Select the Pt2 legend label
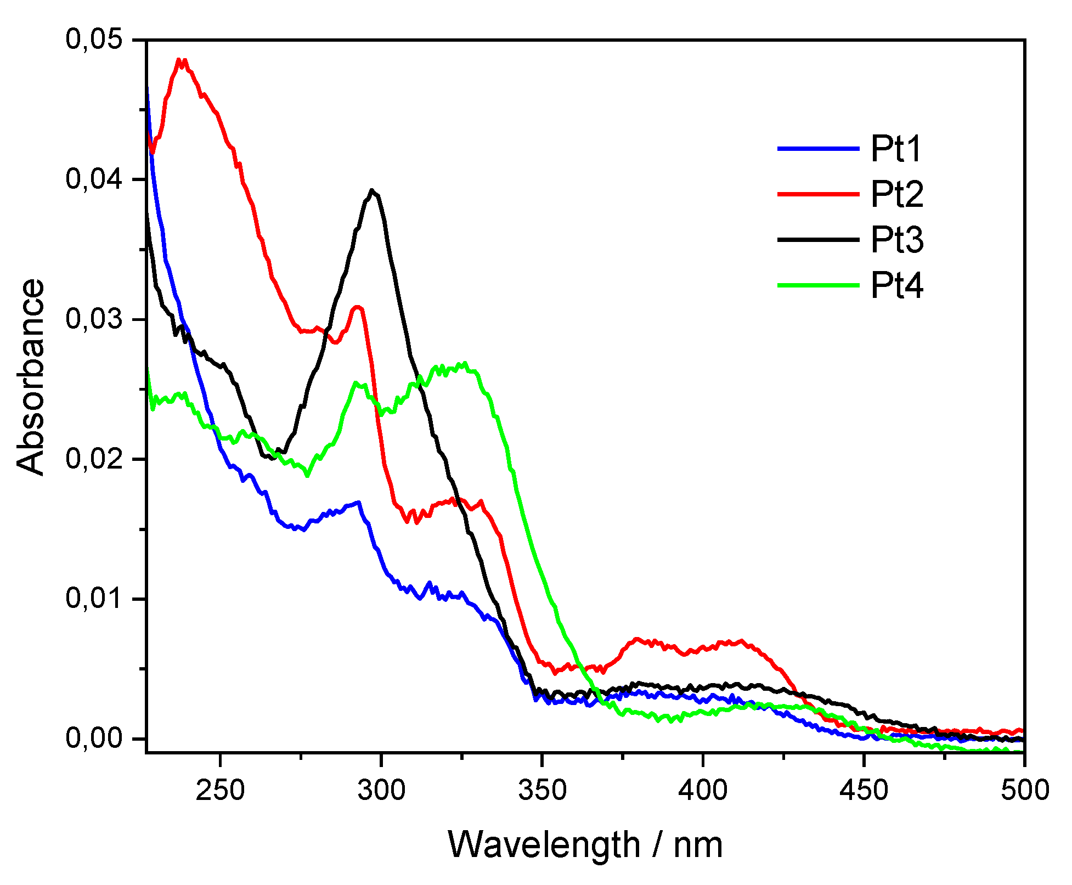896,194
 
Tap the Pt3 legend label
896,240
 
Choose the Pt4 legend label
896,285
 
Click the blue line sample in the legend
818,148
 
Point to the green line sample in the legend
818,285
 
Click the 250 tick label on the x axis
220,791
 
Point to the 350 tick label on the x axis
542,791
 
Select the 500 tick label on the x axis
1024,791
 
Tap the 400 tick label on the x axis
703,791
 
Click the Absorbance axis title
31,377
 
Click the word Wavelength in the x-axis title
544,844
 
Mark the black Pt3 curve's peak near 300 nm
373,191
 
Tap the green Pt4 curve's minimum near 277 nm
307,475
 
